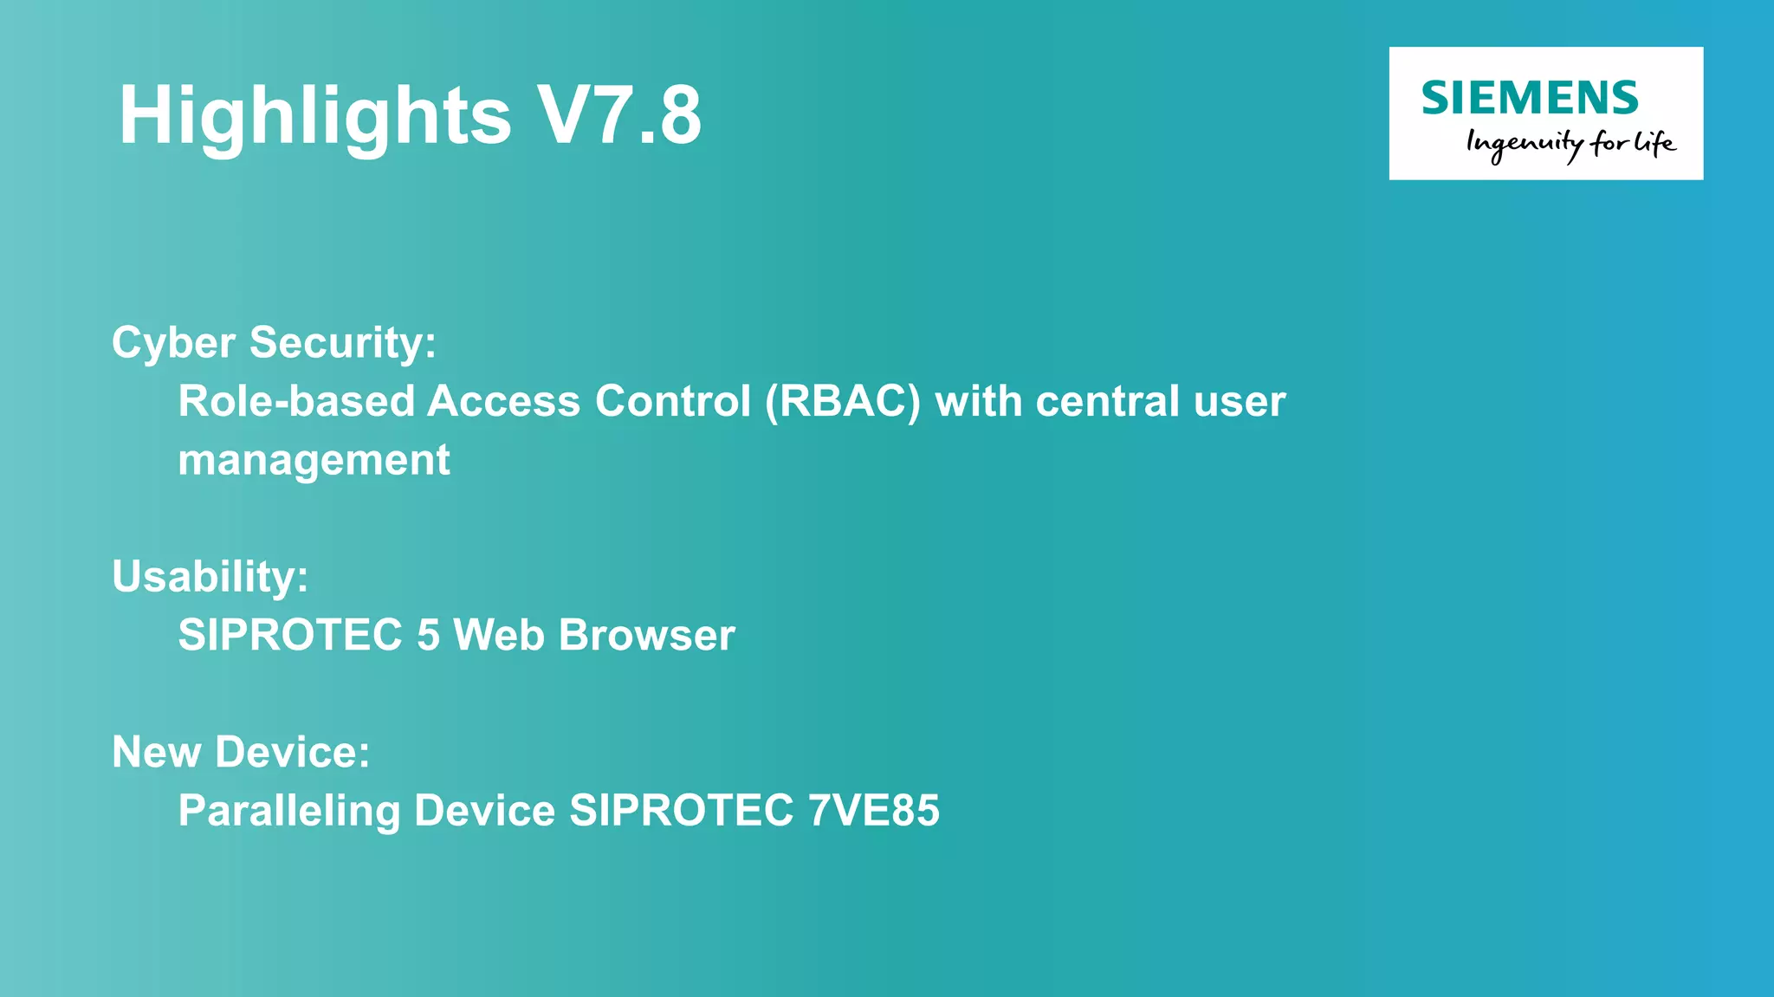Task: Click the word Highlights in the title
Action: tap(314, 117)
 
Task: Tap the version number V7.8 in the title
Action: tap(619, 115)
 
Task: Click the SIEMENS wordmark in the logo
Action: tap(1530, 98)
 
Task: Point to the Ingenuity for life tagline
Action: tap(1570, 144)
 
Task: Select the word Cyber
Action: tap(173, 343)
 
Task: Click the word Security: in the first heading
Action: tap(343, 343)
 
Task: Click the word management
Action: tap(314, 460)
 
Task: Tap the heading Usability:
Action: tap(210, 577)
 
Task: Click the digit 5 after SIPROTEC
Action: tap(428, 635)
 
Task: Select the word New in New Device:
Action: tap(157, 752)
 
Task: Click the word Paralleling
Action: tap(288, 811)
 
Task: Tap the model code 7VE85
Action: tap(873, 811)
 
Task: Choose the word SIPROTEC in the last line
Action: tap(681, 811)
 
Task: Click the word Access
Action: tap(503, 401)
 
